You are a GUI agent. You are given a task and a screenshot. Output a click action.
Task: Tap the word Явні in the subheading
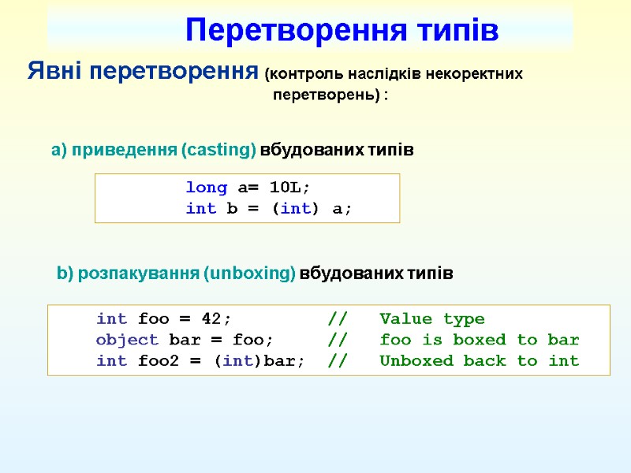point(54,72)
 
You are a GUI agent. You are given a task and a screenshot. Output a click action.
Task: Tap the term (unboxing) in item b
point(248,274)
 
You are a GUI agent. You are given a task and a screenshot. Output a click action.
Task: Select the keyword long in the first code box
point(206,188)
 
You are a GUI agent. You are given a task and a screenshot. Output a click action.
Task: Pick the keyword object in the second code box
point(127,341)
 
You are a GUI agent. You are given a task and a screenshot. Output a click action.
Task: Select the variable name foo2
point(159,361)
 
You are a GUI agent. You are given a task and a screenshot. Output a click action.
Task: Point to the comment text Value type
point(432,319)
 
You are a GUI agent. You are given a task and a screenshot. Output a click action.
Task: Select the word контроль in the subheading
point(301,75)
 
